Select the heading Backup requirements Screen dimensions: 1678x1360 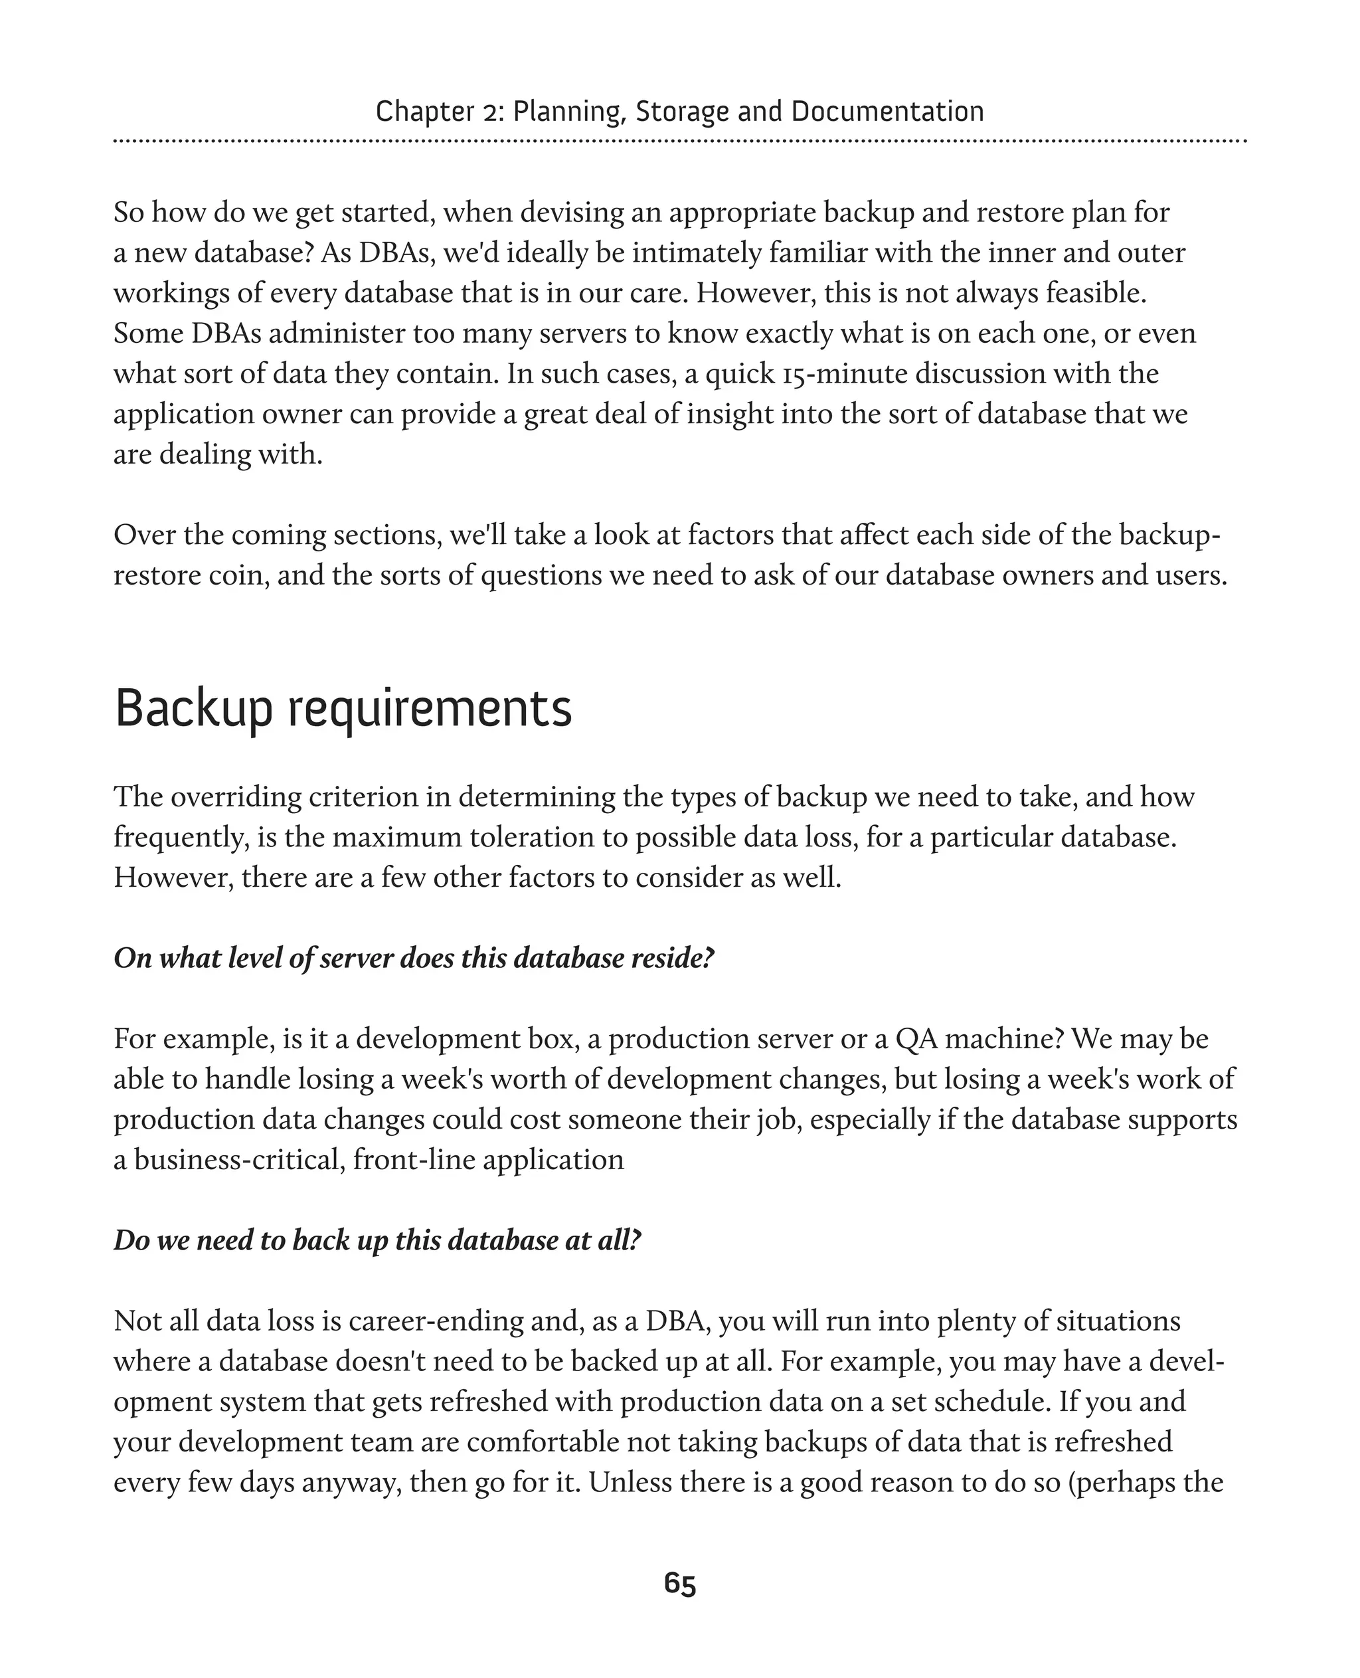click(343, 709)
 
